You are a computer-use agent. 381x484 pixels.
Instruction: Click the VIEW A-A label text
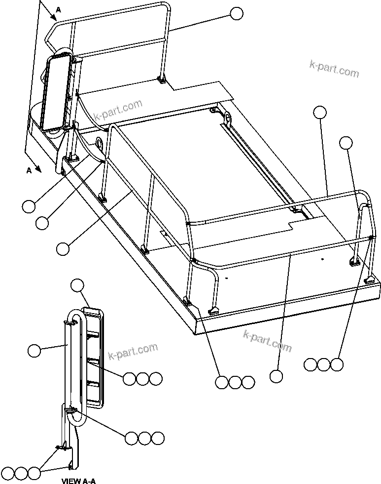coord(78,480)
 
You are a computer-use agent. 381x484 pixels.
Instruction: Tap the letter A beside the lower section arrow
coord(29,170)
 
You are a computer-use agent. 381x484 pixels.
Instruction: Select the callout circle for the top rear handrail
coord(237,14)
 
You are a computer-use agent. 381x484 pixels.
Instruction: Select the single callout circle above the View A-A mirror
coord(77,285)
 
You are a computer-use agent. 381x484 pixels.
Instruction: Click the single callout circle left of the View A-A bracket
coord(34,351)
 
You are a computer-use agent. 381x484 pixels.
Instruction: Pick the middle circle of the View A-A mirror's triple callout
coord(142,379)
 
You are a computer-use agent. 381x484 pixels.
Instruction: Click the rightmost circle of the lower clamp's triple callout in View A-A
coord(158,438)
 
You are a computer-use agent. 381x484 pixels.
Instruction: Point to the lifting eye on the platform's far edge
coord(227,119)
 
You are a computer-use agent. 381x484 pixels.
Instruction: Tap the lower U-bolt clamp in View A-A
coord(70,407)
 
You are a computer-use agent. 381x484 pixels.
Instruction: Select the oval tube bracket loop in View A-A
coord(77,365)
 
